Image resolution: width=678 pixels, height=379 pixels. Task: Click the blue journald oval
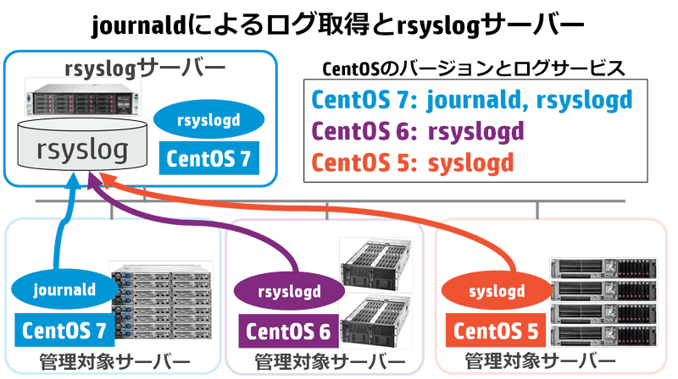click(65, 289)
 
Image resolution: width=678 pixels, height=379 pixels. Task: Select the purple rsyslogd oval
click(289, 291)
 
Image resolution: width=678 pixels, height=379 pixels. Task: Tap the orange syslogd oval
click(497, 290)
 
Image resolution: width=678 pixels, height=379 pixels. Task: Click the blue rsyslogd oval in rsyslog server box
click(208, 119)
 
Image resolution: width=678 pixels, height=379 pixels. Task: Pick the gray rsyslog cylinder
click(82, 145)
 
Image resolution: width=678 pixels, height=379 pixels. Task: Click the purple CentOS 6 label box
click(288, 331)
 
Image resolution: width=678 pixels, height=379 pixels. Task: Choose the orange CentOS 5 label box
click(496, 331)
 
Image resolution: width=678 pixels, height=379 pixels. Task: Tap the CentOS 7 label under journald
click(64, 330)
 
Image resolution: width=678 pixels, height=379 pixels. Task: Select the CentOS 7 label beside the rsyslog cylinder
click(208, 158)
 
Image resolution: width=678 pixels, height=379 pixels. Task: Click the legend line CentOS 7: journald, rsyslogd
click(472, 100)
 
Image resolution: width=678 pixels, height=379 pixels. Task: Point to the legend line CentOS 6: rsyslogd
click(418, 131)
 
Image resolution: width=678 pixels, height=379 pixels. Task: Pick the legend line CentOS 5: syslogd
click(413, 162)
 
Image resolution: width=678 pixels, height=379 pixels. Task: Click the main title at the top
click(337, 25)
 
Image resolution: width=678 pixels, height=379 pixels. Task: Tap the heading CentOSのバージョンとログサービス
click(474, 69)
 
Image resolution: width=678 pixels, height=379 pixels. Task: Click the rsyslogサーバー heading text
click(145, 69)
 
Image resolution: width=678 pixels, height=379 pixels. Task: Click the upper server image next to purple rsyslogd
click(375, 263)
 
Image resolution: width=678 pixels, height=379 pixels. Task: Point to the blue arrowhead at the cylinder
click(74, 180)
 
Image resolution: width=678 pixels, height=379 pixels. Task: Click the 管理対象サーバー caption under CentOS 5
click(541, 361)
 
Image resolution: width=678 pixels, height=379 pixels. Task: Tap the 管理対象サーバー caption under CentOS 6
click(330, 362)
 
